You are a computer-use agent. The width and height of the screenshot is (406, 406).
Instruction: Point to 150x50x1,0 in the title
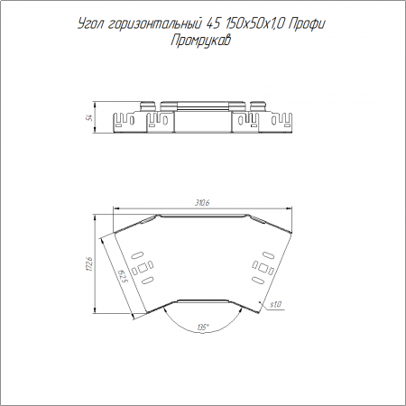click(254, 24)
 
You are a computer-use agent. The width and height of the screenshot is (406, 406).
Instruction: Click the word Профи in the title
click(307, 24)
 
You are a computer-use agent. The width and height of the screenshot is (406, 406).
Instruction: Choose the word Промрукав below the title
click(201, 41)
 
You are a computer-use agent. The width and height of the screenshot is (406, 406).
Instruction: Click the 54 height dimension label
click(88, 117)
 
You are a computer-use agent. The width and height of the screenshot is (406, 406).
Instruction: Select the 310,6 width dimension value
click(202, 203)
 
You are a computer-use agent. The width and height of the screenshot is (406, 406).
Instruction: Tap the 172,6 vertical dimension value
click(88, 264)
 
